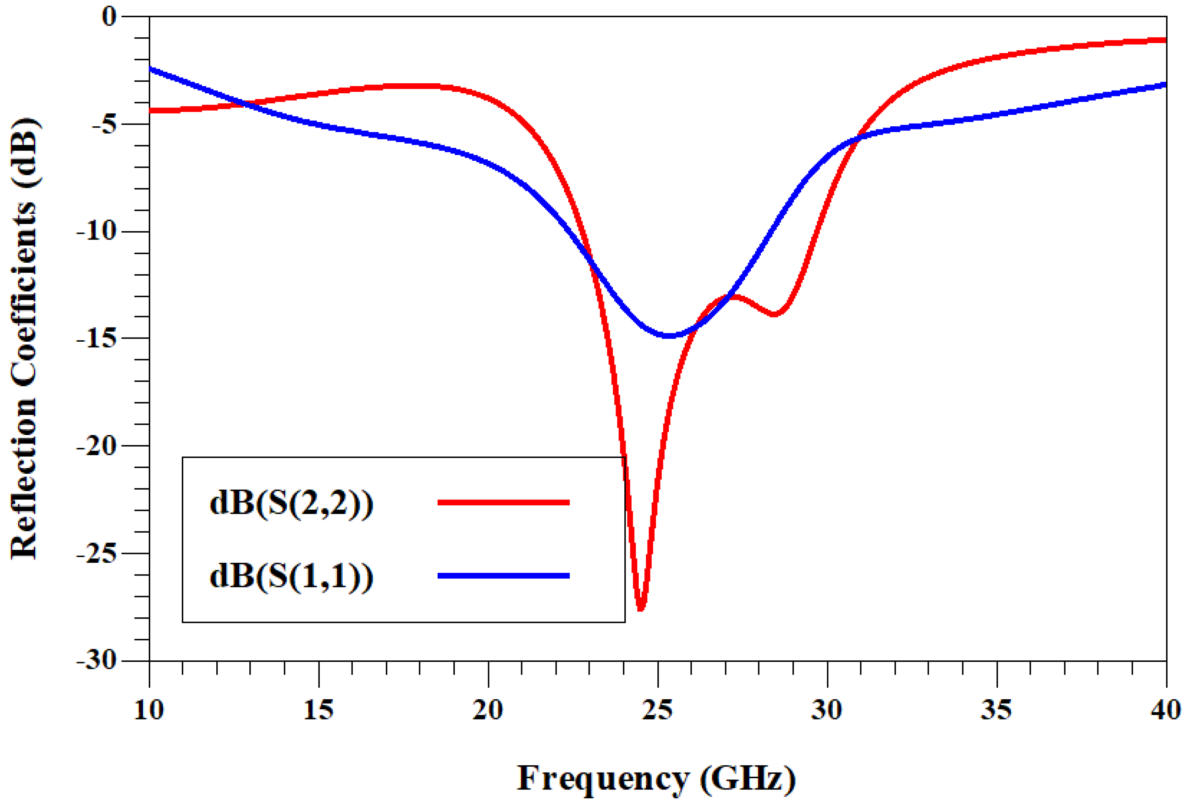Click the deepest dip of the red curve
[641, 608]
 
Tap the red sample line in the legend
[503, 502]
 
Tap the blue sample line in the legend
[503, 576]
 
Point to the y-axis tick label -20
[96, 446]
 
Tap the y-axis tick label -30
[96, 661]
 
